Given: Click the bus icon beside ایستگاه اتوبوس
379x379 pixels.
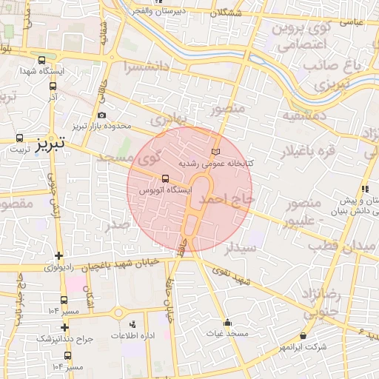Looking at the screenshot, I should [165, 178].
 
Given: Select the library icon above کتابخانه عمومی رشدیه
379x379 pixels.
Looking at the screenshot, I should [215, 151].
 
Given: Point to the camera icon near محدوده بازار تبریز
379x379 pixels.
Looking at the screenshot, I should [101, 115].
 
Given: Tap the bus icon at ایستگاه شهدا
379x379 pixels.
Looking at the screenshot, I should [41, 61].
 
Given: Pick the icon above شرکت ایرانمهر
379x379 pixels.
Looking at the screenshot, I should [303, 336].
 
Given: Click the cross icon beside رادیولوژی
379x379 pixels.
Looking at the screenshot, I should [58, 256].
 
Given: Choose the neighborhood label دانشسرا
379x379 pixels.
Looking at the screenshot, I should [134, 67].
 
